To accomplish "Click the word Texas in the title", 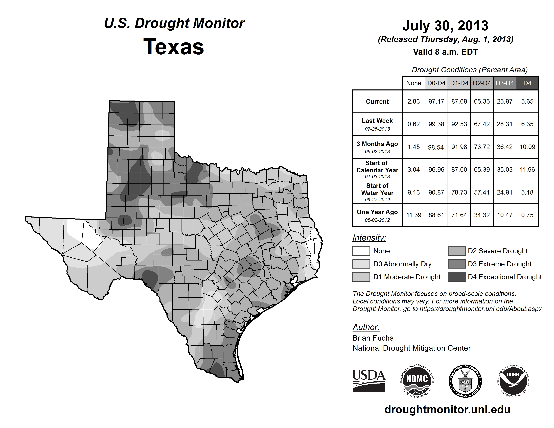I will click(x=174, y=47).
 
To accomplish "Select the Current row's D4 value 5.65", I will click(x=527, y=101).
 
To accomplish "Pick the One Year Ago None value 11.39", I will click(x=413, y=215).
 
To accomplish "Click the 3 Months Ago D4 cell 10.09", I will click(x=527, y=147).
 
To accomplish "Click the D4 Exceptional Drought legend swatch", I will click(x=457, y=277).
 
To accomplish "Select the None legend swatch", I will click(x=361, y=251).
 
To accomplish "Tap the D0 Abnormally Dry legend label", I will click(x=402, y=264).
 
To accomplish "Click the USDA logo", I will click(x=369, y=381).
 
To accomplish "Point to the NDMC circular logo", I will click(x=417, y=381).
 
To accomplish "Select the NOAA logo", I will click(x=513, y=381).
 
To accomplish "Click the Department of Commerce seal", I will click(x=465, y=381).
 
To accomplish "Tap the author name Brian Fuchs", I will click(x=373, y=338).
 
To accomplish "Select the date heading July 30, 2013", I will click(x=445, y=26).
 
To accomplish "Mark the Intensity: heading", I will click(x=369, y=238).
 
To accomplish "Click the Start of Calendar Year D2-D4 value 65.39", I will click(x=482, y=169).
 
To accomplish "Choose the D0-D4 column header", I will click(x=436, y=83).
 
